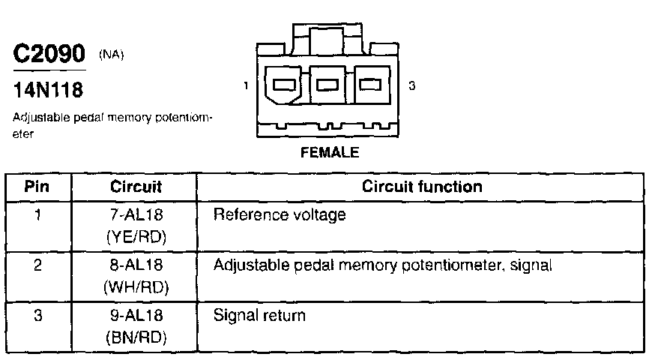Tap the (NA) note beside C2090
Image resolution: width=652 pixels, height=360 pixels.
112,55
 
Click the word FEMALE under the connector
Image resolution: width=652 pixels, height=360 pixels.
330,153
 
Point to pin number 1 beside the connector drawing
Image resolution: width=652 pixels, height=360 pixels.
247,86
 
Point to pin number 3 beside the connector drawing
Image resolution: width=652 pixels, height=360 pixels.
412,86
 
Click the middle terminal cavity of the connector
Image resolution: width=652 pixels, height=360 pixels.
327,85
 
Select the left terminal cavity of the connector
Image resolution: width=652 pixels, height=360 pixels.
286,85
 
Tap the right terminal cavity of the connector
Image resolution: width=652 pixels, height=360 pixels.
368,85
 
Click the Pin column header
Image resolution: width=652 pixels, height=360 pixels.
38,186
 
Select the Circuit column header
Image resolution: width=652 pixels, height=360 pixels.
136,186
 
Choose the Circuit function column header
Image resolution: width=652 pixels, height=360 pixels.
422,186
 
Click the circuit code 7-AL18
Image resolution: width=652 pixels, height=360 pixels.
136,215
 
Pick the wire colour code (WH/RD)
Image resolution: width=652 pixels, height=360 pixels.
136,288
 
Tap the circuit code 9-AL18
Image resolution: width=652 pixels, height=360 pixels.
136,316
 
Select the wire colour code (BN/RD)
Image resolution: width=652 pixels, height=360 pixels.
136,337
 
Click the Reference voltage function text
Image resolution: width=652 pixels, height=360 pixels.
280,215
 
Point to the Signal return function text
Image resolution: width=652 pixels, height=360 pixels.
260,316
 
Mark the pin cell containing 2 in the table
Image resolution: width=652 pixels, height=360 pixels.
38,266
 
